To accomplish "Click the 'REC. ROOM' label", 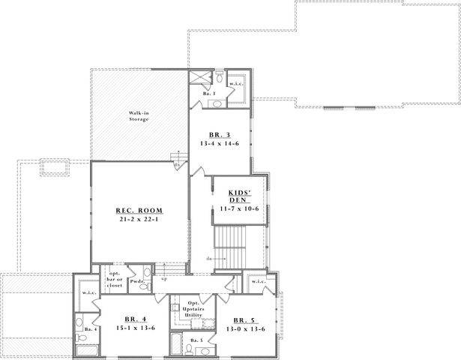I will point(139,210).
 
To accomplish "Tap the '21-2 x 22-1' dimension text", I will point(139,220).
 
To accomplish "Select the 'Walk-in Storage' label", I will point(139,115).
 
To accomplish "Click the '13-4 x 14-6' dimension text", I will point(219,142).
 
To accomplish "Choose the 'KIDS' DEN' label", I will point(239,196).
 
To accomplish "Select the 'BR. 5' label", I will point(244,319).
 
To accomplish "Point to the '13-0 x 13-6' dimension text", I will point(244,328).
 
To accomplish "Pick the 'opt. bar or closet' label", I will point(115,279).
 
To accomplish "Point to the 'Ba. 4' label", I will point(88,329).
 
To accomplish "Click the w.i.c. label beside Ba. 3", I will point(237,83).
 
